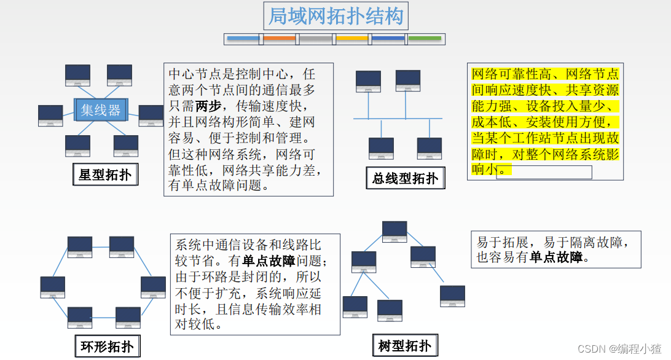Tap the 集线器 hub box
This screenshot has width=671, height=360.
point(101,110)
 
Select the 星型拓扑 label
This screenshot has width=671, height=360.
point(105,175)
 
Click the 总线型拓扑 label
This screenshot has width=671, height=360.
point(405,178)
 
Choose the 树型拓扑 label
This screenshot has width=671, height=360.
point(404,345)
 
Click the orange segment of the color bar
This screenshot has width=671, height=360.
point(280,39)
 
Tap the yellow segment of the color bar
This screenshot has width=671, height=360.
point(353,39)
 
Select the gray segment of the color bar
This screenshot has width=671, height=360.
point(316,39)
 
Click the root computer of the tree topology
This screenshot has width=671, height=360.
point(394,231)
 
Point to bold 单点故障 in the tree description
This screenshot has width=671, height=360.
point(555,258)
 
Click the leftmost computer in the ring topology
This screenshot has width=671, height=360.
point(53,287)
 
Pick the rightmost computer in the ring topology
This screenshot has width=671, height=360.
point(153,287)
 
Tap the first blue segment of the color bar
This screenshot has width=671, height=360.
point(244,39)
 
